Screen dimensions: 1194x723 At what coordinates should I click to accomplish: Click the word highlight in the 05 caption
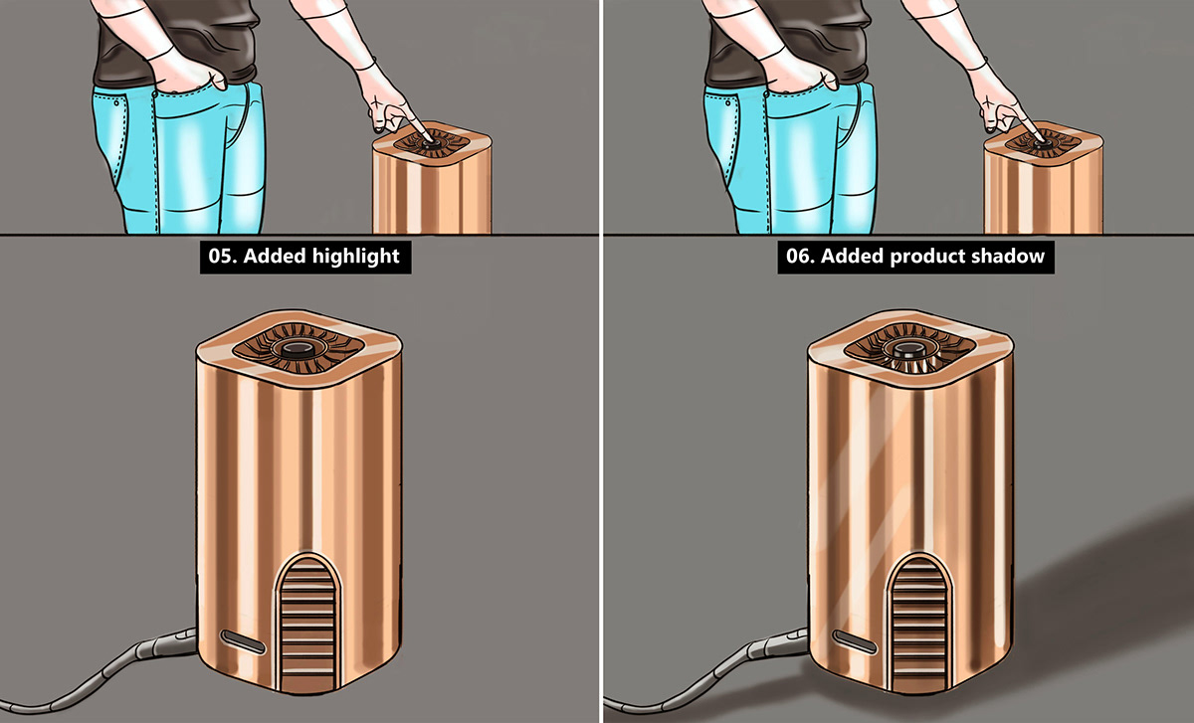tap(355, 257)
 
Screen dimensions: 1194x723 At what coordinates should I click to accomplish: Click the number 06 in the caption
tap(798, 257)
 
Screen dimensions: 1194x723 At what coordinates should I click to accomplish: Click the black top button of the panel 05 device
tap(298, 349)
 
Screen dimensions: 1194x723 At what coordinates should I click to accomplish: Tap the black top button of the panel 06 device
tap(908, 350)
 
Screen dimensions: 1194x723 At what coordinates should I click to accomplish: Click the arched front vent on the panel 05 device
tap(308, 623)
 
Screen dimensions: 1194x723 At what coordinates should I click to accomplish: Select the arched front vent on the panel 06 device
tap(920, 623)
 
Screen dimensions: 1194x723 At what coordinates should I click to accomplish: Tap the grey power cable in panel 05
tap(106, 672)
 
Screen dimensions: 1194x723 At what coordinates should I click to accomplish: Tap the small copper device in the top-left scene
tap(432, 178)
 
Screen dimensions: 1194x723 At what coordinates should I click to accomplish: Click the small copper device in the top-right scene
tap(1044, 178)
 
